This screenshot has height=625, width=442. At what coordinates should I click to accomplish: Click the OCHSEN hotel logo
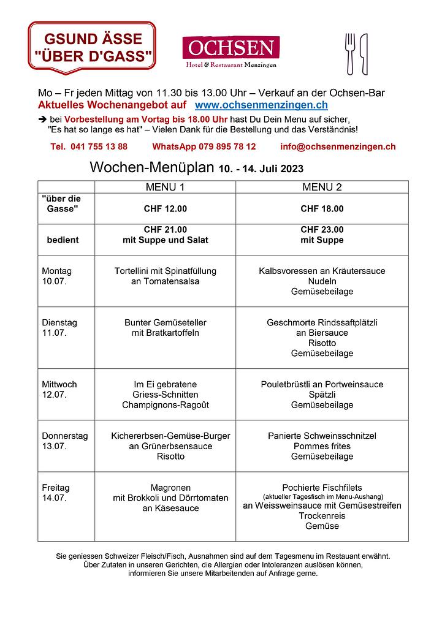(x=231, y=51)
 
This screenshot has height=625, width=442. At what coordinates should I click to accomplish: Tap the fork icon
(x=351, y=54)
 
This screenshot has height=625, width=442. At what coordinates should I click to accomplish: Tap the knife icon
(x=364, y=54)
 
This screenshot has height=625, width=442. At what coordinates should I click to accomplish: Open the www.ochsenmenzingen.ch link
(x=261, y=106)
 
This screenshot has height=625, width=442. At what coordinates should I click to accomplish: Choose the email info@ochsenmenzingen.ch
(x=338, y=147)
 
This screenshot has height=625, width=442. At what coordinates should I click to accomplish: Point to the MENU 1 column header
(x=165, y=187)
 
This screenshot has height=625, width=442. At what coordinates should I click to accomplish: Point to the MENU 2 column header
(x=322, y=187)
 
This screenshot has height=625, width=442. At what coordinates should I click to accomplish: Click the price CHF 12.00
(x=165, y=209)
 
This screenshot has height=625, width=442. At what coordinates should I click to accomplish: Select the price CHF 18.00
(x=322, y=209)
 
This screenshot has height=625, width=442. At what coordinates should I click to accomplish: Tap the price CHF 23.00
(x=322, y=230)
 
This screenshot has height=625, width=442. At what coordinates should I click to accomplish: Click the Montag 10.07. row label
(x=57, y=276)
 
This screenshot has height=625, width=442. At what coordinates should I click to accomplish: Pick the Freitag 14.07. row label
(x=56, y=493)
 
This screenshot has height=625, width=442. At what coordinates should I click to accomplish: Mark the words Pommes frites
(x=322, y=446)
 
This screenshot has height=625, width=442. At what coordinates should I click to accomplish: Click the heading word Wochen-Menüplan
(x=151, y=167)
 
